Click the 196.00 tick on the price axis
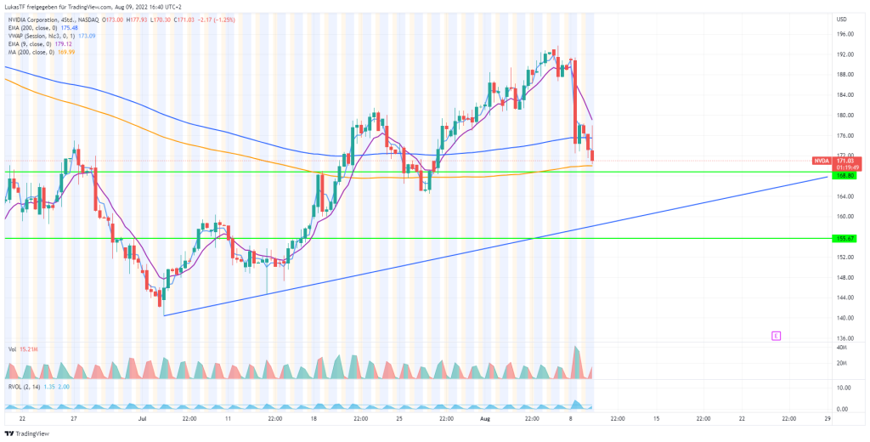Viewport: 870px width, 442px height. [845, 34]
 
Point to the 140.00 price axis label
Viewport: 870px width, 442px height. [845, 318]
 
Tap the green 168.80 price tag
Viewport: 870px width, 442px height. [845, 176]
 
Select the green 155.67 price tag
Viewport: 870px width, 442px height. [845, 239]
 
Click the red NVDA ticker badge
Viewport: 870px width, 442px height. [822, 160]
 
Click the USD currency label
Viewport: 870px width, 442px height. [842, 20]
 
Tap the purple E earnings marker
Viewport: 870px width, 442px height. [776, 336]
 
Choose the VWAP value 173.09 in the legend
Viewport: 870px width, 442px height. [88, 35]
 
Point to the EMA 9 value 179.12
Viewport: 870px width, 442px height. [62, 43]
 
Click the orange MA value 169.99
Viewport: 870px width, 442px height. [65, 52]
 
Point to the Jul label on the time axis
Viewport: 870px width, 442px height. [141, 419]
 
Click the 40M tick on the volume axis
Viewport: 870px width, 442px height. [841, 348]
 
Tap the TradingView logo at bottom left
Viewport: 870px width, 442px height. [27, 433]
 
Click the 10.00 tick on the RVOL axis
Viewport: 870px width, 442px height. [843, 388]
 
